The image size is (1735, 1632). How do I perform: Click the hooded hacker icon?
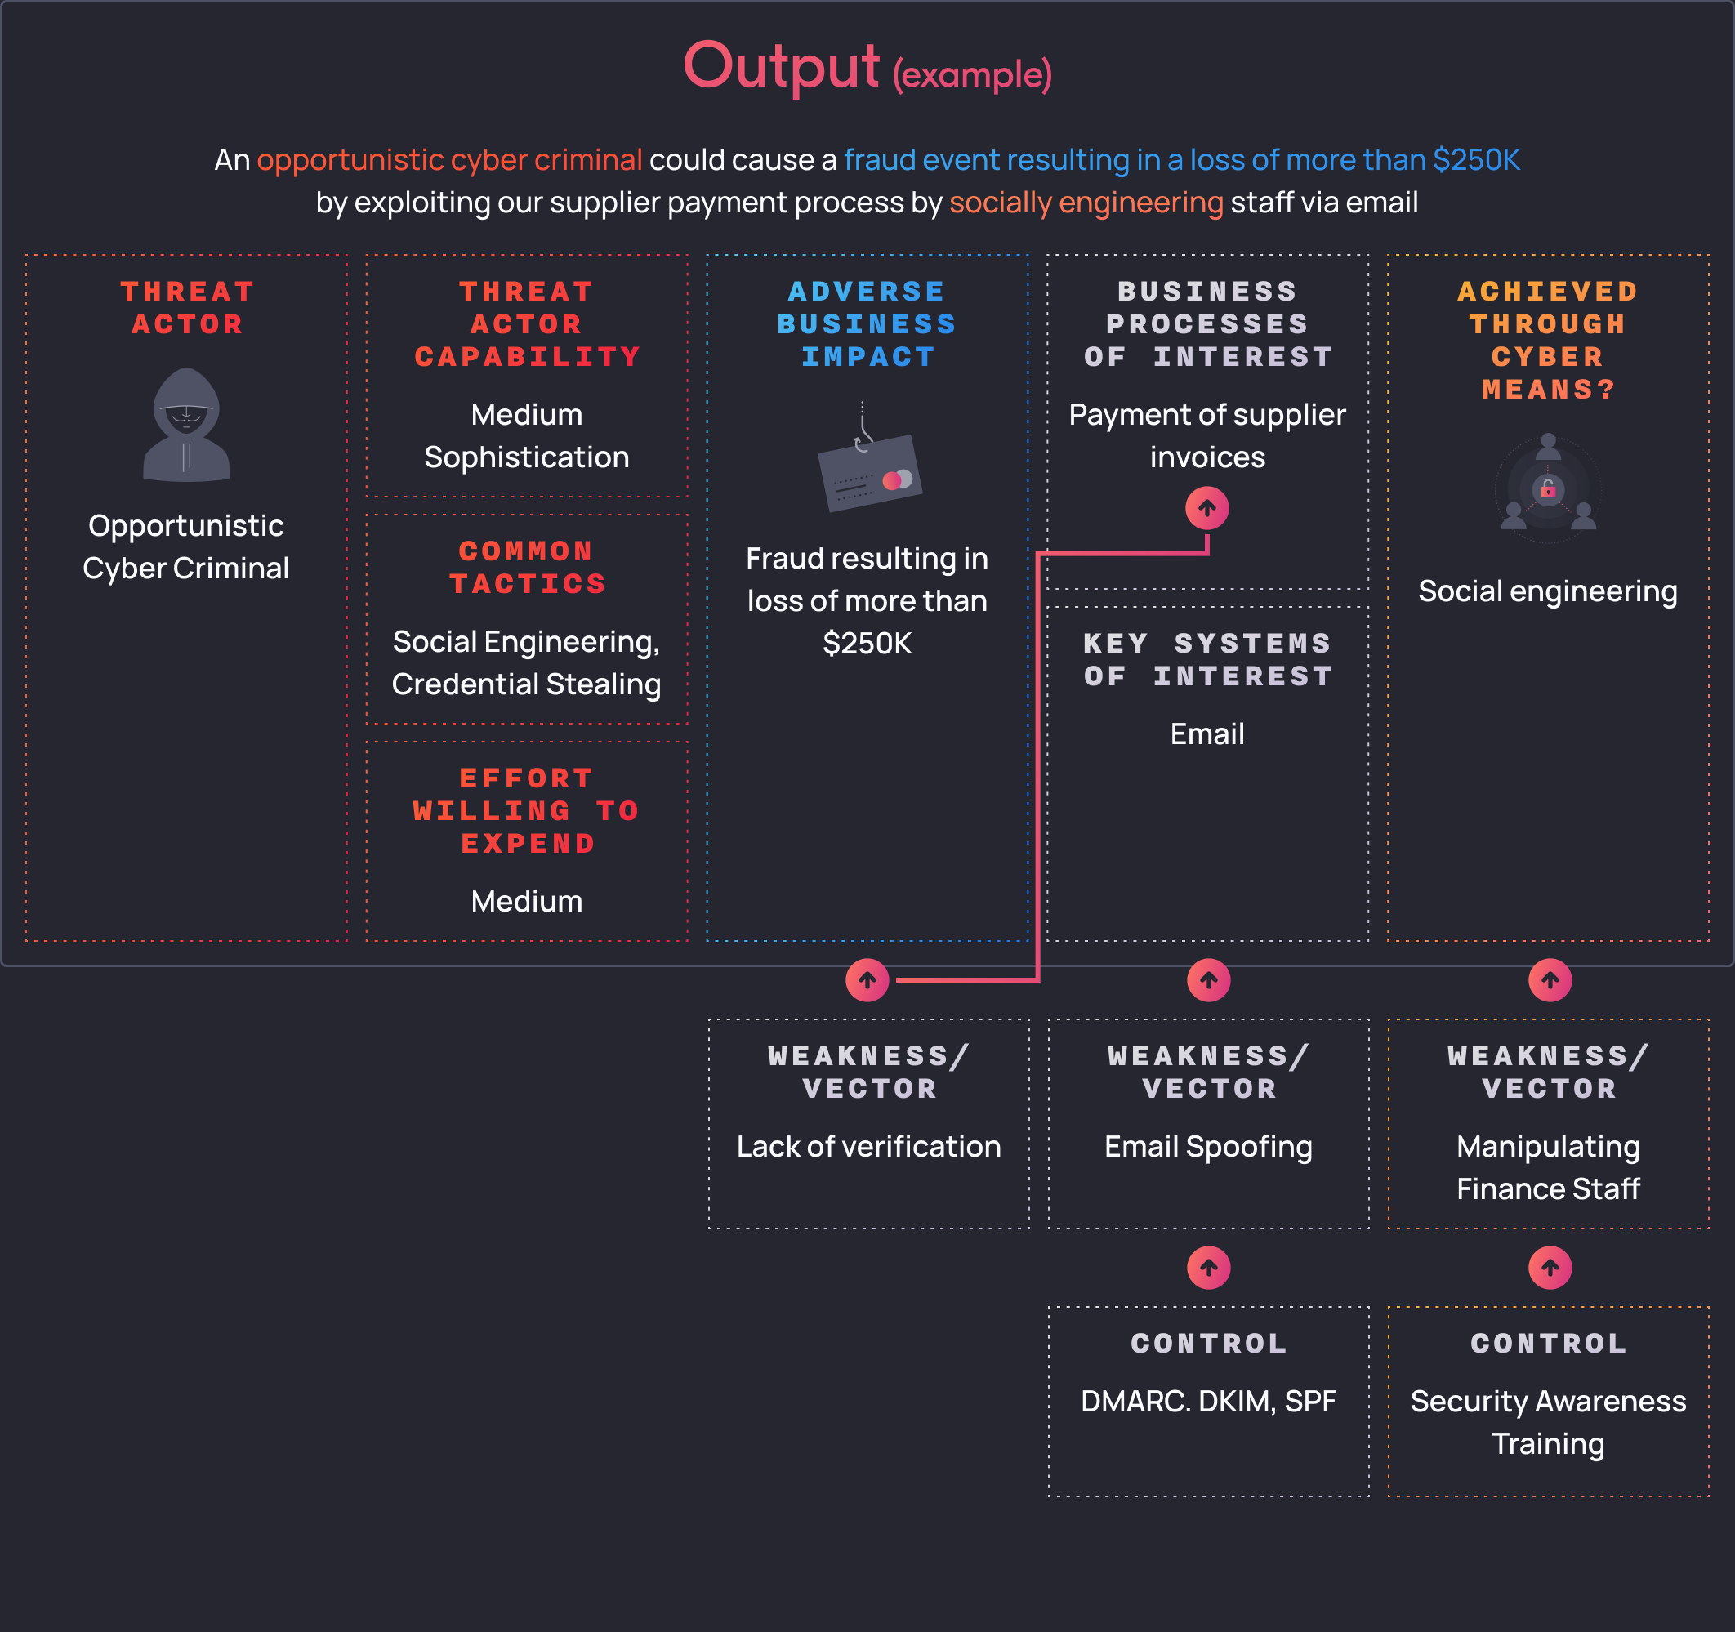[186, 425]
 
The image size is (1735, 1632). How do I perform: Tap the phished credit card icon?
[869, 462]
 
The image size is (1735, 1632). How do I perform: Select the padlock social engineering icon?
[1548, 488]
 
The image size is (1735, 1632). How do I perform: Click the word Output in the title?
[781, 66]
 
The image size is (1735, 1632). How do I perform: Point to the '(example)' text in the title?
[972, 75]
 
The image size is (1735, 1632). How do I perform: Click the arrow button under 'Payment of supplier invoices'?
[1207, 508]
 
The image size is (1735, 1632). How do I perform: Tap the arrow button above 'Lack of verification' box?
[867, 980]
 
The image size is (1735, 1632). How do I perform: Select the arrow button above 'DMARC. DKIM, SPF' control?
[1209, 1267]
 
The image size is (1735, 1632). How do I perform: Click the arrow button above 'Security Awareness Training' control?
[1550, 1267]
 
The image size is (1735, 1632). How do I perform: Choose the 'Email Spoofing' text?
[1209, 1147]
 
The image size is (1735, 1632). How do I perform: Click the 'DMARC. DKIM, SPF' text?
[1209, 1402]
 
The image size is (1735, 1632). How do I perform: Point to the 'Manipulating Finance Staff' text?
[1548, 1168]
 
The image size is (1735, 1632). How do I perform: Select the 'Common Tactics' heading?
[527, 567]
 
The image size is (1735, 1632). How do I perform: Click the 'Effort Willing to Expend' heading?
[527, 811]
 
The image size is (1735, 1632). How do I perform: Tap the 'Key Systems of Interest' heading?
[1208, 660]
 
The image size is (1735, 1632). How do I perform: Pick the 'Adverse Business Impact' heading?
[867, 323]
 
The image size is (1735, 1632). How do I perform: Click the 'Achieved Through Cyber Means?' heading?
[1548, 341]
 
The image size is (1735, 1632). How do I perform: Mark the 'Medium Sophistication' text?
[527, 435]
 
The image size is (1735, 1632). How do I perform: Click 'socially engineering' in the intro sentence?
[1086, 203]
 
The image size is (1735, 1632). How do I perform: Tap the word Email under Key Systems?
[1208, 734]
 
